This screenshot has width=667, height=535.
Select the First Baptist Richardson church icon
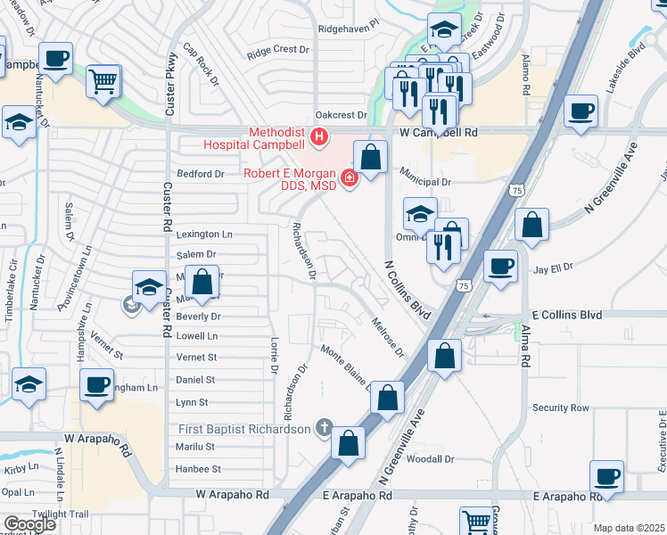click(x=324, y=429)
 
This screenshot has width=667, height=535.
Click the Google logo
click(x=30, y=524)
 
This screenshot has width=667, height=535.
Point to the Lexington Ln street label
click(x=203, y=235)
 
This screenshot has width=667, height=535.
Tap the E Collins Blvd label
click(x=566, y=315)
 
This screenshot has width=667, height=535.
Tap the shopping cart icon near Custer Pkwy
click(x=103, y=81)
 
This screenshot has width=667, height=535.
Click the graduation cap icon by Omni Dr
click(x=420, y=213)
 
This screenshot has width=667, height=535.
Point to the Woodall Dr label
click(x=432, y=459)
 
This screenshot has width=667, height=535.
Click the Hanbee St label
click(x=197, y=468)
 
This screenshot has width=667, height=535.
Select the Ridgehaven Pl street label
click(x=349, y=29)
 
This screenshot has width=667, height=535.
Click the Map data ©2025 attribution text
click(x=630, y=528)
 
